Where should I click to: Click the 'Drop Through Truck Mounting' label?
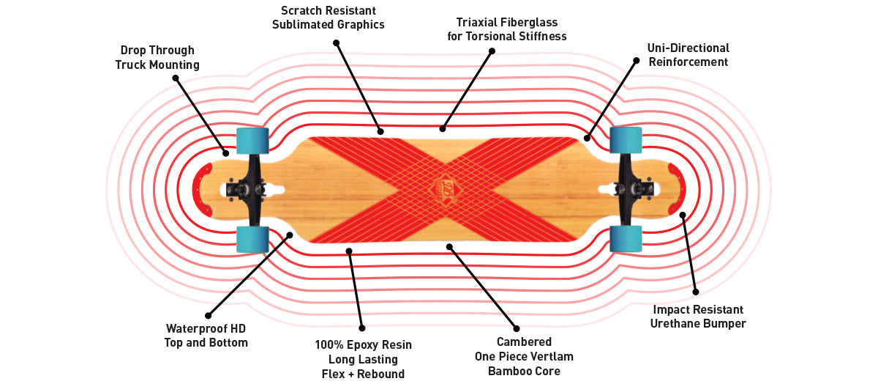(157, 58)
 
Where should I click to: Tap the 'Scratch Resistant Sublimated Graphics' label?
(329, 18)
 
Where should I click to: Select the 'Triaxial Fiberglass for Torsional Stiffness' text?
(507, 29)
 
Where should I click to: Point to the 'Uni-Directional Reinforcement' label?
(688, 55)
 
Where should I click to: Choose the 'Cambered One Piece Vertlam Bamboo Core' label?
(524, 356)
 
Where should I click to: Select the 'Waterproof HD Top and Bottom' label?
(206, 335)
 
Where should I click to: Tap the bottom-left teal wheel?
(252, 239)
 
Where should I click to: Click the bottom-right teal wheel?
(626, 239)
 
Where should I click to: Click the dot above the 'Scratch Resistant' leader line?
(336, 43)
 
